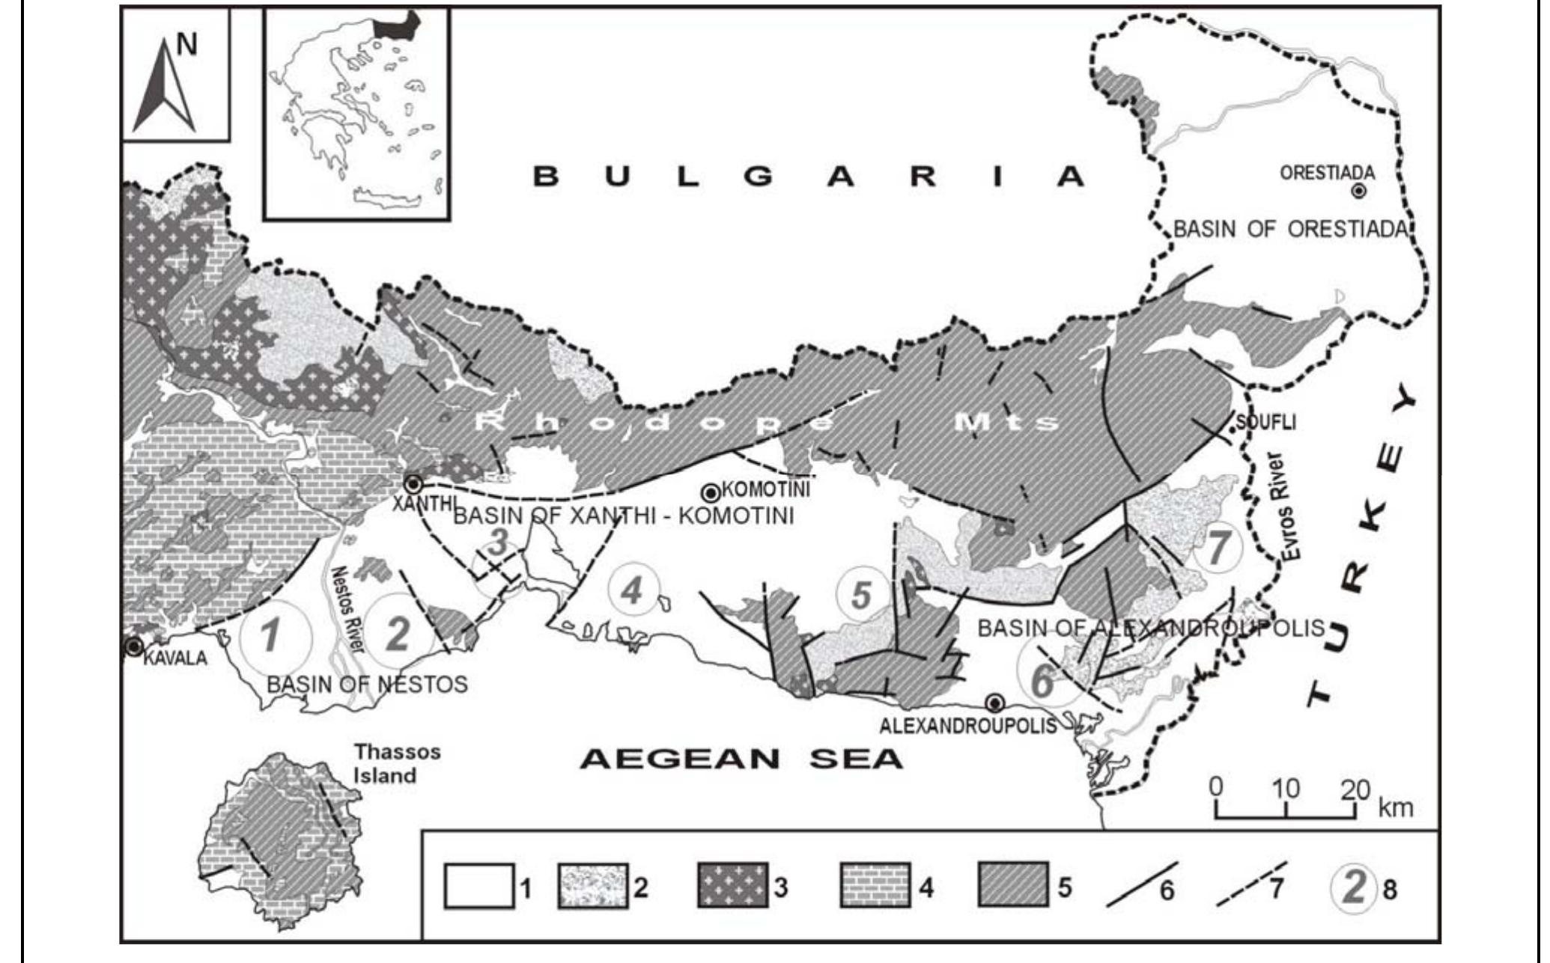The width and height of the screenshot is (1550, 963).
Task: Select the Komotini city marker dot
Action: pos(710,493)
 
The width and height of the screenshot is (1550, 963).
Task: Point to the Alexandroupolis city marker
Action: pos(994,703)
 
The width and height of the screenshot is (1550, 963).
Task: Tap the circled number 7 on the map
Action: pos(1218,548)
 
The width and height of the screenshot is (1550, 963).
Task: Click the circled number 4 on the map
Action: pos(633,591)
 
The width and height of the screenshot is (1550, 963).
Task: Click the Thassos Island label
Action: pos(397,763)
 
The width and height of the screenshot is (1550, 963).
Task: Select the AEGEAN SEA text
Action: pos(742,759)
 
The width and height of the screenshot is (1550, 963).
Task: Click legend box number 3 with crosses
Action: pos(732,887)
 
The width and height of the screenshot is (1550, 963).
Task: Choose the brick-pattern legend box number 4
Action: pos(874,887)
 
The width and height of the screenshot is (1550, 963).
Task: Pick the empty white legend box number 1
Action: pos(479,887)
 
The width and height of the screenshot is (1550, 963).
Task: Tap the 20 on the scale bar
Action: pos(1355,789)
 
